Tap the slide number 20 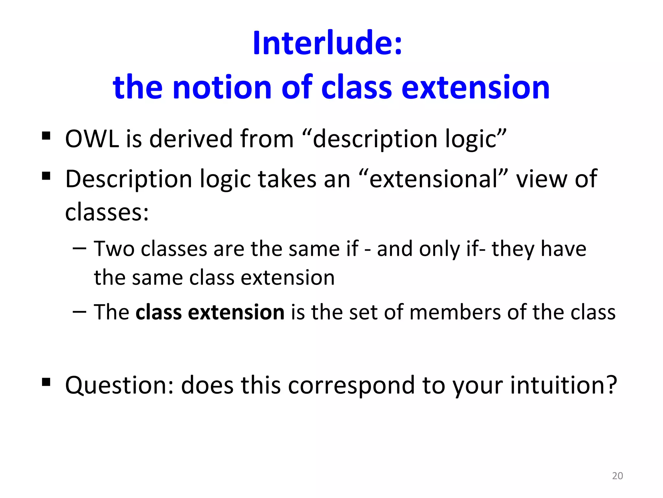click(x=617, y=476)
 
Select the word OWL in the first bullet click(x=92, y=139)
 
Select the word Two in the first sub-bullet click(x=114, y=249)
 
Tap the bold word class click(x=158, y=312)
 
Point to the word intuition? click(x=564, y=385)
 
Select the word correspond click(x=351, y=385)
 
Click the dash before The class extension click(x=80, y=312)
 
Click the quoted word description click(x=376, y=139)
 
